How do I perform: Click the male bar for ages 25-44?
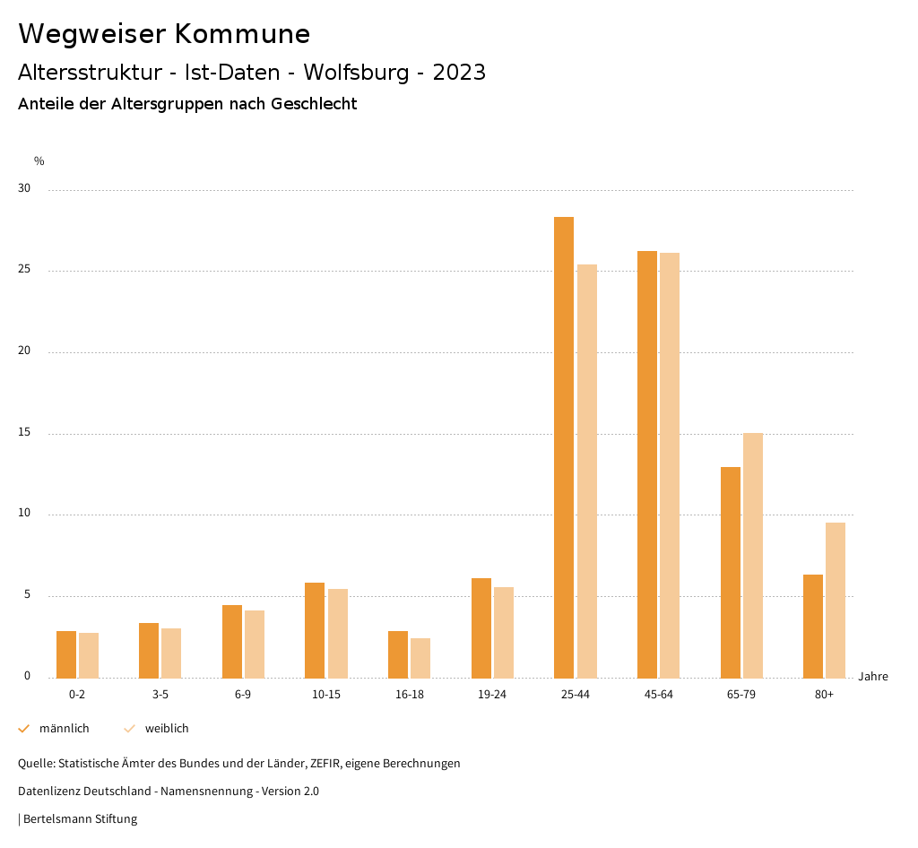point(564,447)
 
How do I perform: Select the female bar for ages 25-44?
point(587,471)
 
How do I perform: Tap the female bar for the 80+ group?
point(836,600)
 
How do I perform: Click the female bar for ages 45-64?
point(670,465)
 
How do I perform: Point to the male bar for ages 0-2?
point(66,654)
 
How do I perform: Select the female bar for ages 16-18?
point(420,658)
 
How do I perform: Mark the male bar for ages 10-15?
point(315,630)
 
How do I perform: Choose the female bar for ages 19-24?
point(504,632)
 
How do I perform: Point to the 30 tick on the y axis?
point(24,189)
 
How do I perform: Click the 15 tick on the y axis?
point(24,433)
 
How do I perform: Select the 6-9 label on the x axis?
point(243,695)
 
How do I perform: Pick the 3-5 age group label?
point(160,695)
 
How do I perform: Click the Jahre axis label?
point(873,677)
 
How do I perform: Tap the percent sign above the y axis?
point(39,161)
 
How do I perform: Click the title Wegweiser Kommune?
point(164,34)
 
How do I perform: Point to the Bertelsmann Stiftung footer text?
point(80,818)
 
